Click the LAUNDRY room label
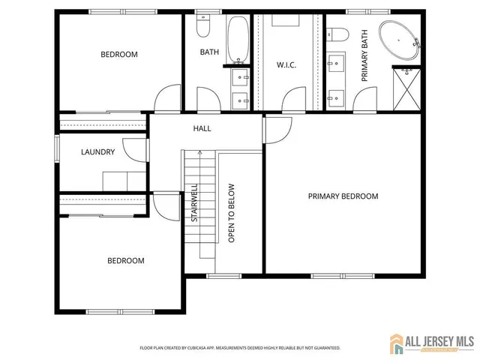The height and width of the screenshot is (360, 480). click(97, 152)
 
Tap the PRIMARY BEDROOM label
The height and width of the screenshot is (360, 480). click(343, 196)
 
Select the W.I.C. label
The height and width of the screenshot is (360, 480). click(286, 65)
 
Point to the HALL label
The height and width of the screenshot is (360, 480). click(202, 129)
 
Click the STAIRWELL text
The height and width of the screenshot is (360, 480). click(194, 203)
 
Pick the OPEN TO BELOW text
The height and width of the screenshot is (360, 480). click(232, 214)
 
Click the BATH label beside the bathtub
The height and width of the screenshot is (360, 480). click(208, 52)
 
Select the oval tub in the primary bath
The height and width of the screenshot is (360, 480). click(400, 41)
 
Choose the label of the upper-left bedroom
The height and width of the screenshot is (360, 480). click(119, 55)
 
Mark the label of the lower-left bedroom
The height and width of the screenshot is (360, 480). click(125, 261)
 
